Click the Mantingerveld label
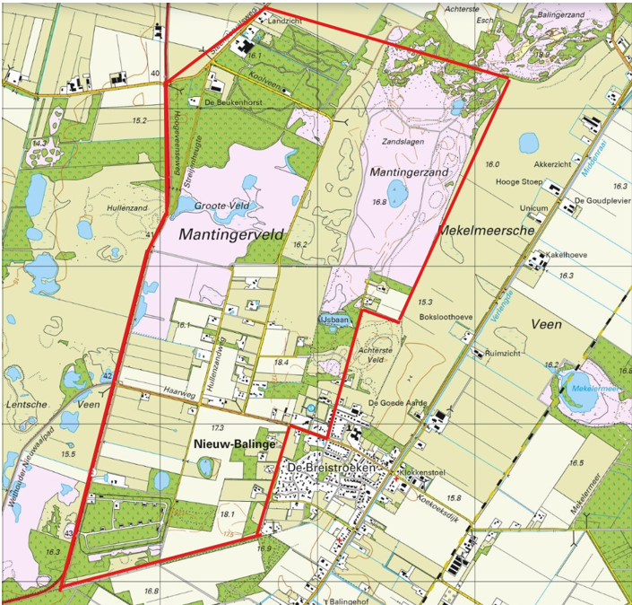point(231,234)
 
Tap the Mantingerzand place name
point(409,171)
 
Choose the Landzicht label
point(286,25)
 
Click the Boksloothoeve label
point(446,317)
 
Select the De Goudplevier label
point(598,200)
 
